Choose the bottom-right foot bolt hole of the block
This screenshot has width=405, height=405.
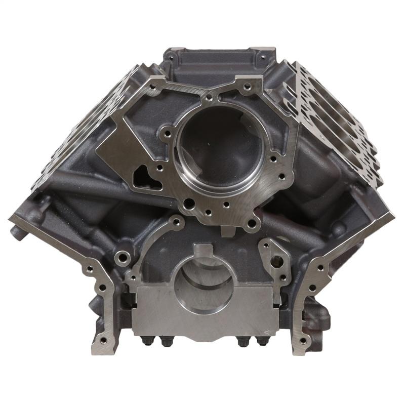coord(303,340)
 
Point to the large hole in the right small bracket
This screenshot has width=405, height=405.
coord(277,262)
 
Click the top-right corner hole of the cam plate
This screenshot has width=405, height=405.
coord(247,87)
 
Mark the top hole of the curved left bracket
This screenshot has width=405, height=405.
coord(176,221)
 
